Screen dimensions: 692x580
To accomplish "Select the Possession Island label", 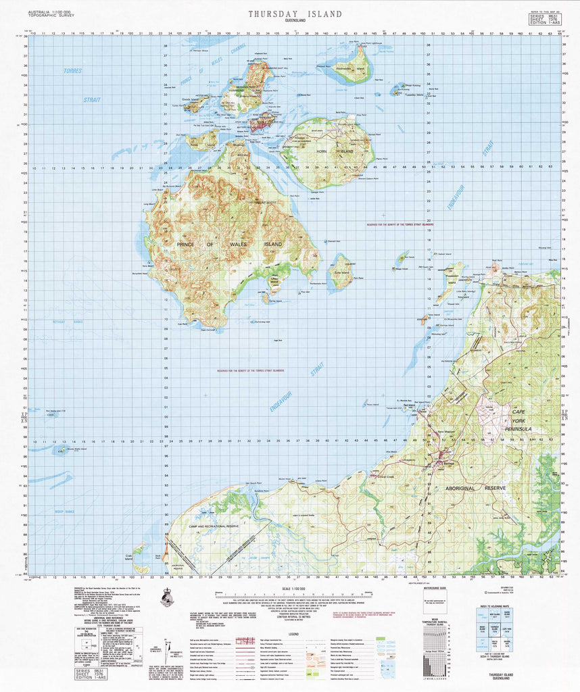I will (452, 276).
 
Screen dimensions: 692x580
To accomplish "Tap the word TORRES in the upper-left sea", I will (72, 71).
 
